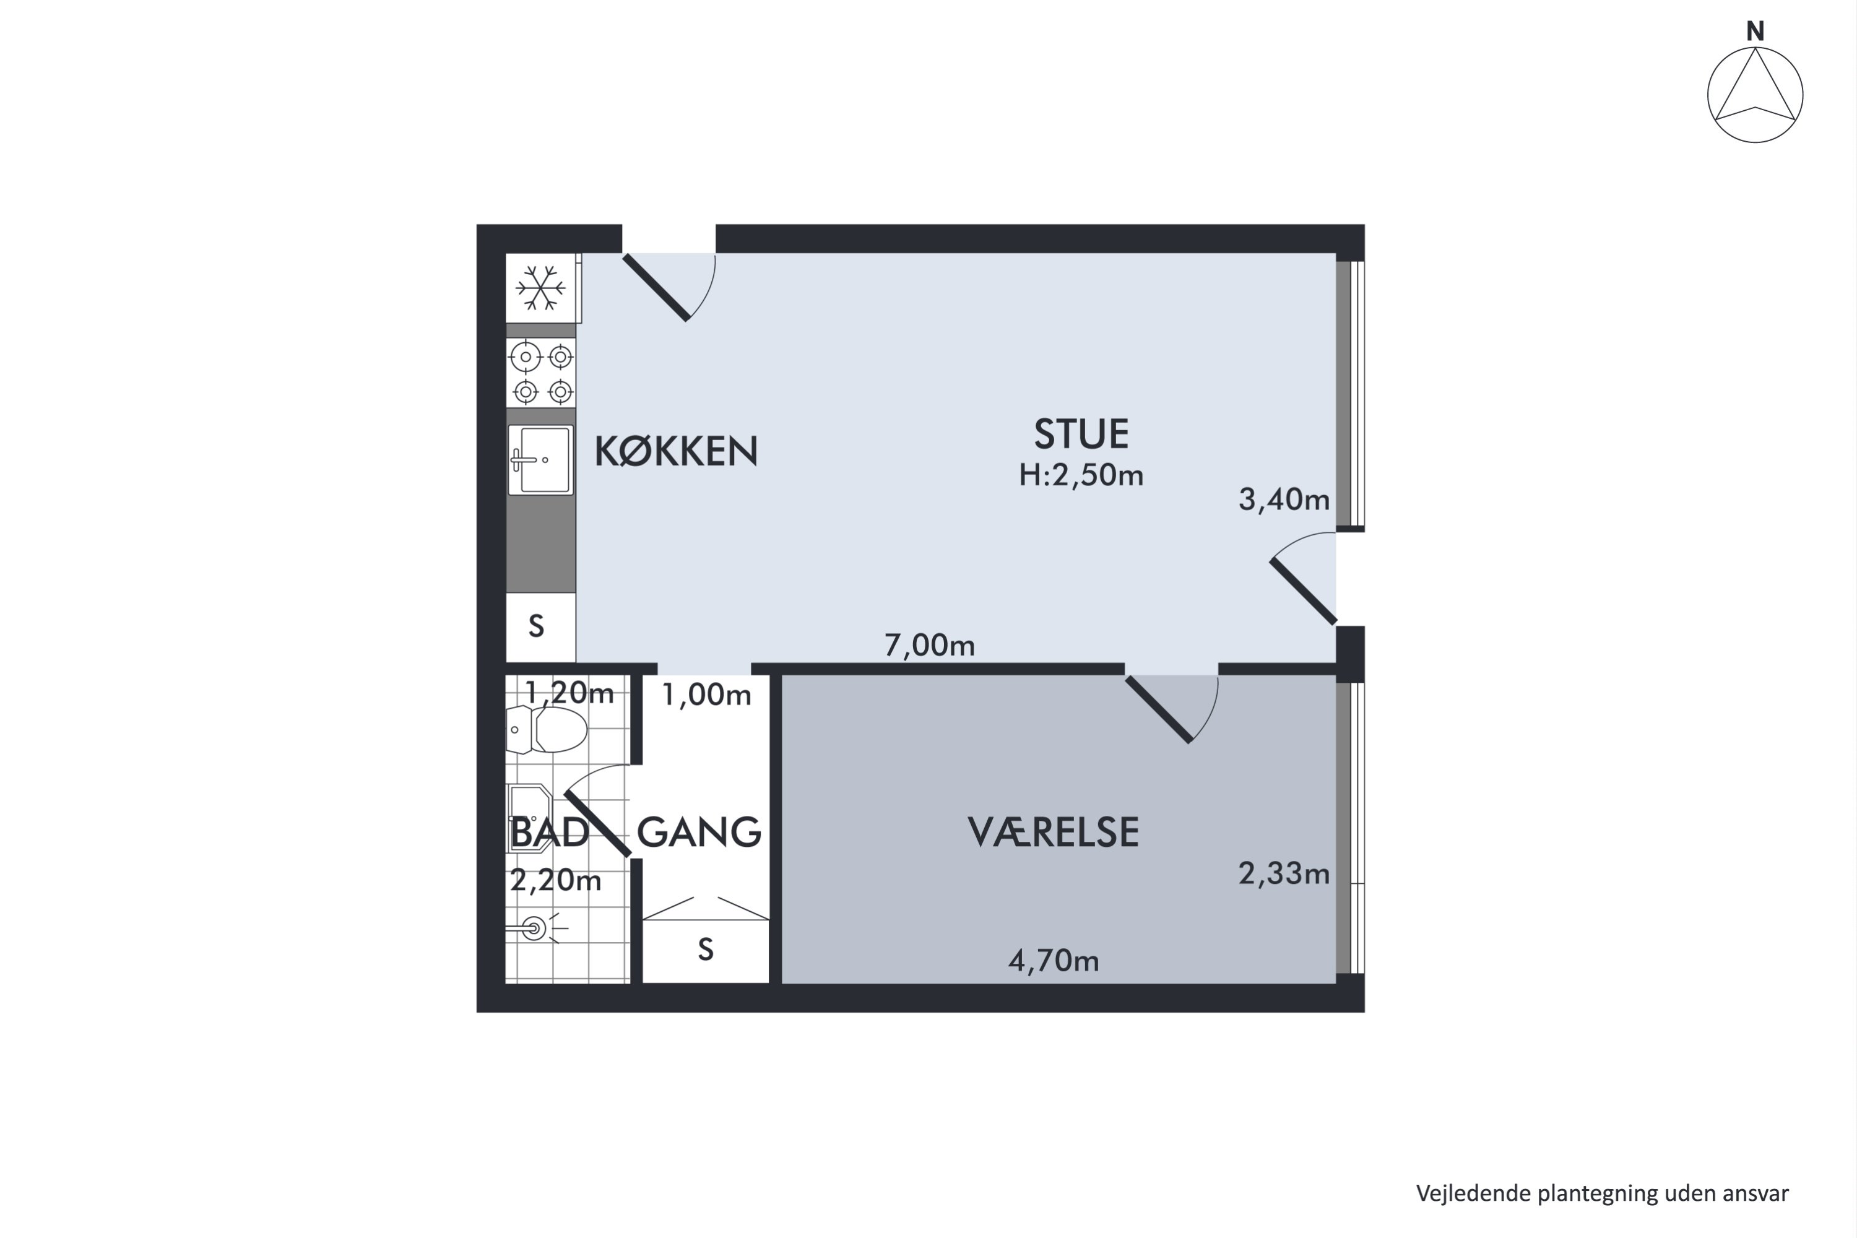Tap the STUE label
coord(1081,433)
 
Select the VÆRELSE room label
coord(1054,832)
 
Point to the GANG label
coord(699,832)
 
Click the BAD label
coord(550,832)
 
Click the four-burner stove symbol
coord(541,373)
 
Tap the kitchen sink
coord(541,459)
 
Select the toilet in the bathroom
coord(547,729)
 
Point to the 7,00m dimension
coord(929,645)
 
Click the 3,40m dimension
coord(1284,499)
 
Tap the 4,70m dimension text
coord(1054,960)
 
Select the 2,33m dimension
coord(1284,874)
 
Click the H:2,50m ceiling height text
coord(1081,475)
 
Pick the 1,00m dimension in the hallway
coord(706,695)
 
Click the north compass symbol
coord(1755,95)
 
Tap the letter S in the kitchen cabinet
coord(537,626)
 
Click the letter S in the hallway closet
coord(706,949)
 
